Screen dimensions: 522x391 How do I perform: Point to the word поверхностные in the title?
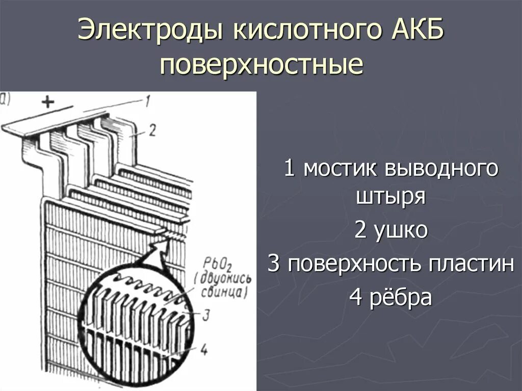coord(261,65)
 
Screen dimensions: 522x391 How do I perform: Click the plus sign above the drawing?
coord(47,102)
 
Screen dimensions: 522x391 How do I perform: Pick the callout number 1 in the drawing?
coord(146,101)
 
